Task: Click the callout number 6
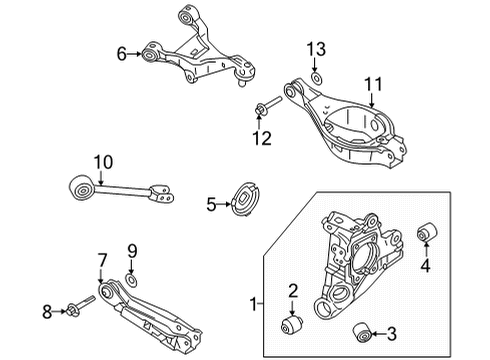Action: click(122, 54)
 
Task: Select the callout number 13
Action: click(316, 50)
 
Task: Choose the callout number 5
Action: click(211, 204)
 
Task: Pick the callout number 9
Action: click(131, 250)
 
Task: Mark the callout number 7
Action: click(101, 262)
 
